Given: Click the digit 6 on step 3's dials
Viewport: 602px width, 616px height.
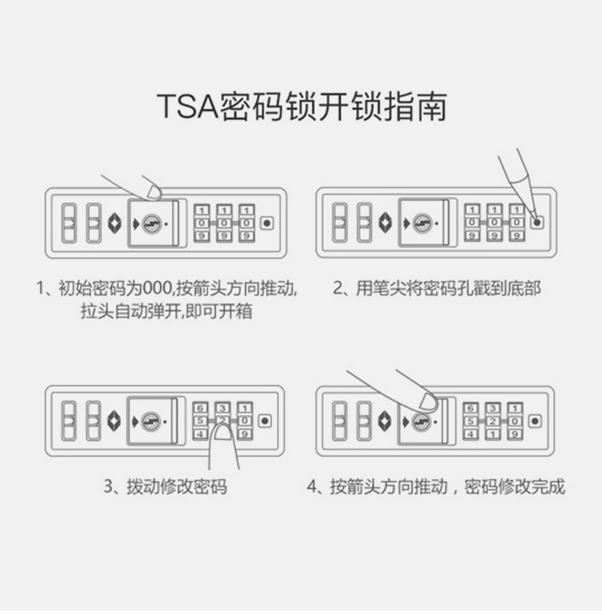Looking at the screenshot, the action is point(200,407).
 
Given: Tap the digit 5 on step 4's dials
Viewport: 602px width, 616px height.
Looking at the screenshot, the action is point(471,420).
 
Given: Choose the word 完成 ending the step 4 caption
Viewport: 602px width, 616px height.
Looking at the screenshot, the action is point(549,487).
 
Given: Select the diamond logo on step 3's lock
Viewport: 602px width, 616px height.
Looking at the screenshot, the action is point(114,420).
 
